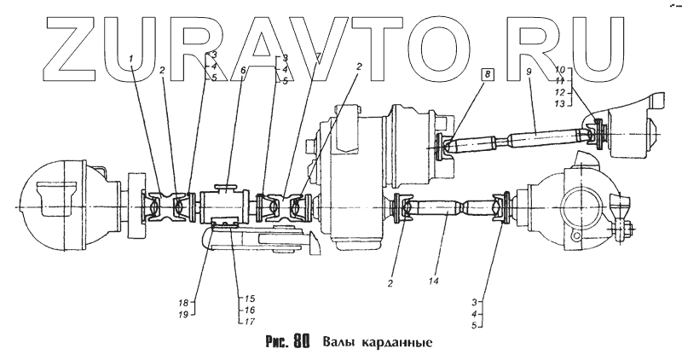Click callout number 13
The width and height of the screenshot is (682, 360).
(x=560, y=103)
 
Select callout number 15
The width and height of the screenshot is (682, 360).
(x=251, y=298)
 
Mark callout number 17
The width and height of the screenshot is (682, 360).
(x=251, y=321)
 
